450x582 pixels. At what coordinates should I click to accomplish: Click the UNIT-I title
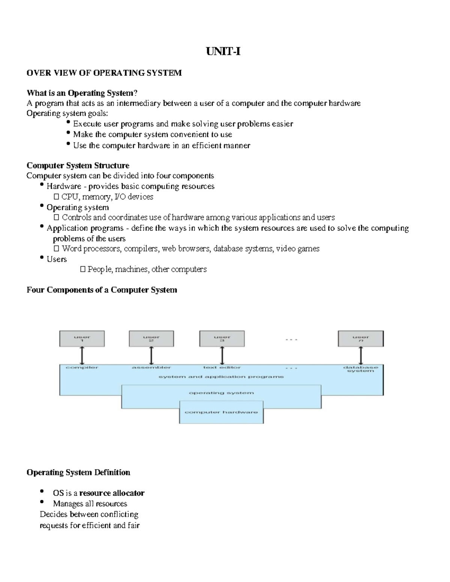click(223, 52)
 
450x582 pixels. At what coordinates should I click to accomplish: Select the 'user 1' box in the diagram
click(82, 339)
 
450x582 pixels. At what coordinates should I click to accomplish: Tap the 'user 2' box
click(151, 339)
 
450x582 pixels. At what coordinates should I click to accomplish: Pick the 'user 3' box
click(222, 339)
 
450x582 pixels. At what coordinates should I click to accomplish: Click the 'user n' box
click(361, 339)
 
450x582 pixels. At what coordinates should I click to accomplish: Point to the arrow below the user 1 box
click(82, 355)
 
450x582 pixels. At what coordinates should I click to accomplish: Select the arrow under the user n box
click(361, 355)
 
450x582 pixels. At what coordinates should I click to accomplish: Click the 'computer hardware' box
click(221, 412)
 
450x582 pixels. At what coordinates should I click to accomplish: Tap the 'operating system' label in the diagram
click(221, 393)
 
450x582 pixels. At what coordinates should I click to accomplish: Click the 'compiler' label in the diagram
click(82, 368)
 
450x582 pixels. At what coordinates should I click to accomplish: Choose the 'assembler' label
click(151, 368)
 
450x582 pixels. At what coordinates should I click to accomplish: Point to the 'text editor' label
click(222, 368)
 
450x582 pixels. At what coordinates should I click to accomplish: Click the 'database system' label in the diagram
click(361, 369)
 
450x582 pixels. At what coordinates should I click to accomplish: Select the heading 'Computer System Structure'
click(78, 166)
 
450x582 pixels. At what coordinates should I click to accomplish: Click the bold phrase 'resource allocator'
click(112, 493)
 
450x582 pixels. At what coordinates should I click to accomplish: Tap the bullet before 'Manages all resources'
click(42, 502)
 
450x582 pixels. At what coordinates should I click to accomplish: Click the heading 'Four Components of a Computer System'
click(102, 290)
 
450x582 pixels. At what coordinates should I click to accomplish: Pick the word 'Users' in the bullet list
click(57, 259)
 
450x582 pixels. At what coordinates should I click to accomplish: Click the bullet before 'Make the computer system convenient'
click(68, 133)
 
